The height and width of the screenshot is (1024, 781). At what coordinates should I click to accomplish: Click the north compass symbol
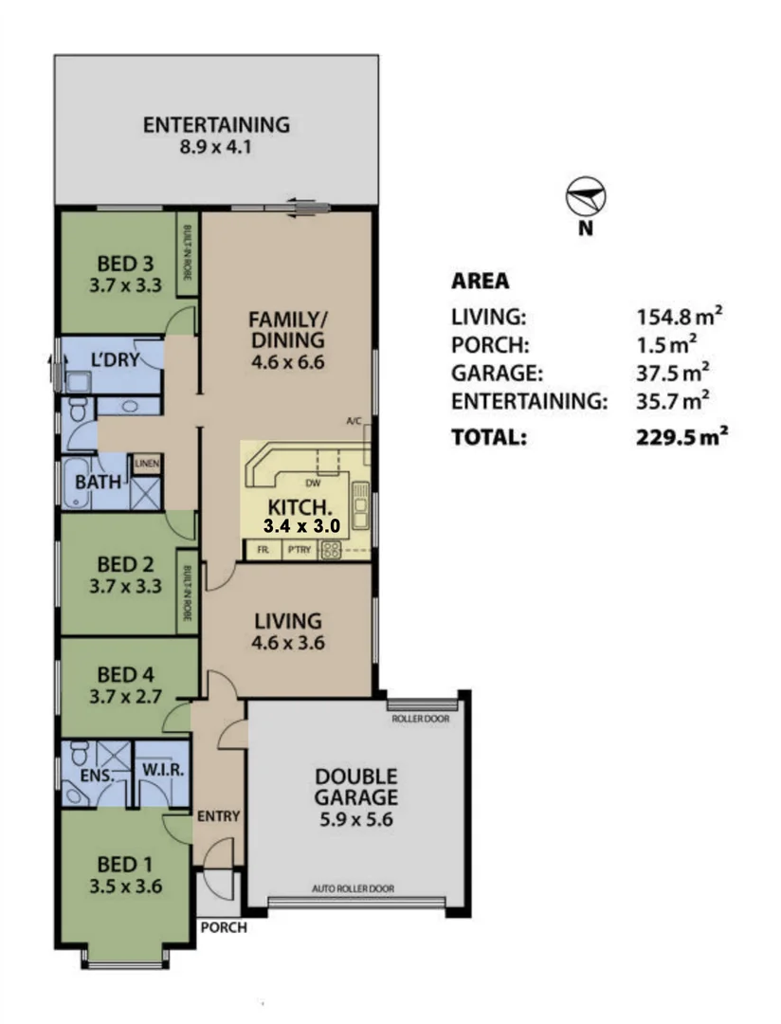point(586,199)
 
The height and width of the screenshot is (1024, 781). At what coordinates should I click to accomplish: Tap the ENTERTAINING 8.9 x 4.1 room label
point(215,136)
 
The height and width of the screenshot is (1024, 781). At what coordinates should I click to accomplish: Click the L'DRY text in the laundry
point(111,360)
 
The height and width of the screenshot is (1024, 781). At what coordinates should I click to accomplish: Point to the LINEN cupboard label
point(146,464)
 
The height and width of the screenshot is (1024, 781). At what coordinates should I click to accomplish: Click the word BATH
point(98,482)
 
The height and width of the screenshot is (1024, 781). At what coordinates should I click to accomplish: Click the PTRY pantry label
point(299,549)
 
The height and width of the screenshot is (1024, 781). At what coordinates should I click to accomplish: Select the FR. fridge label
point(261,549)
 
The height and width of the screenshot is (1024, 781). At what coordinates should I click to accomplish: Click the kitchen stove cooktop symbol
point(332,549)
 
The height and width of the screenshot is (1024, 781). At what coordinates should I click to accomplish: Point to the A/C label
point(354,421)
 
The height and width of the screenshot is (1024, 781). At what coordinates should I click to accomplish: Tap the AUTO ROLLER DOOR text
point(353,889)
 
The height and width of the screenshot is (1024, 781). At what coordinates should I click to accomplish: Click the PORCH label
point(223,928)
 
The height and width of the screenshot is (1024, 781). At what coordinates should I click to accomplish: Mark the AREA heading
point(480,282)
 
